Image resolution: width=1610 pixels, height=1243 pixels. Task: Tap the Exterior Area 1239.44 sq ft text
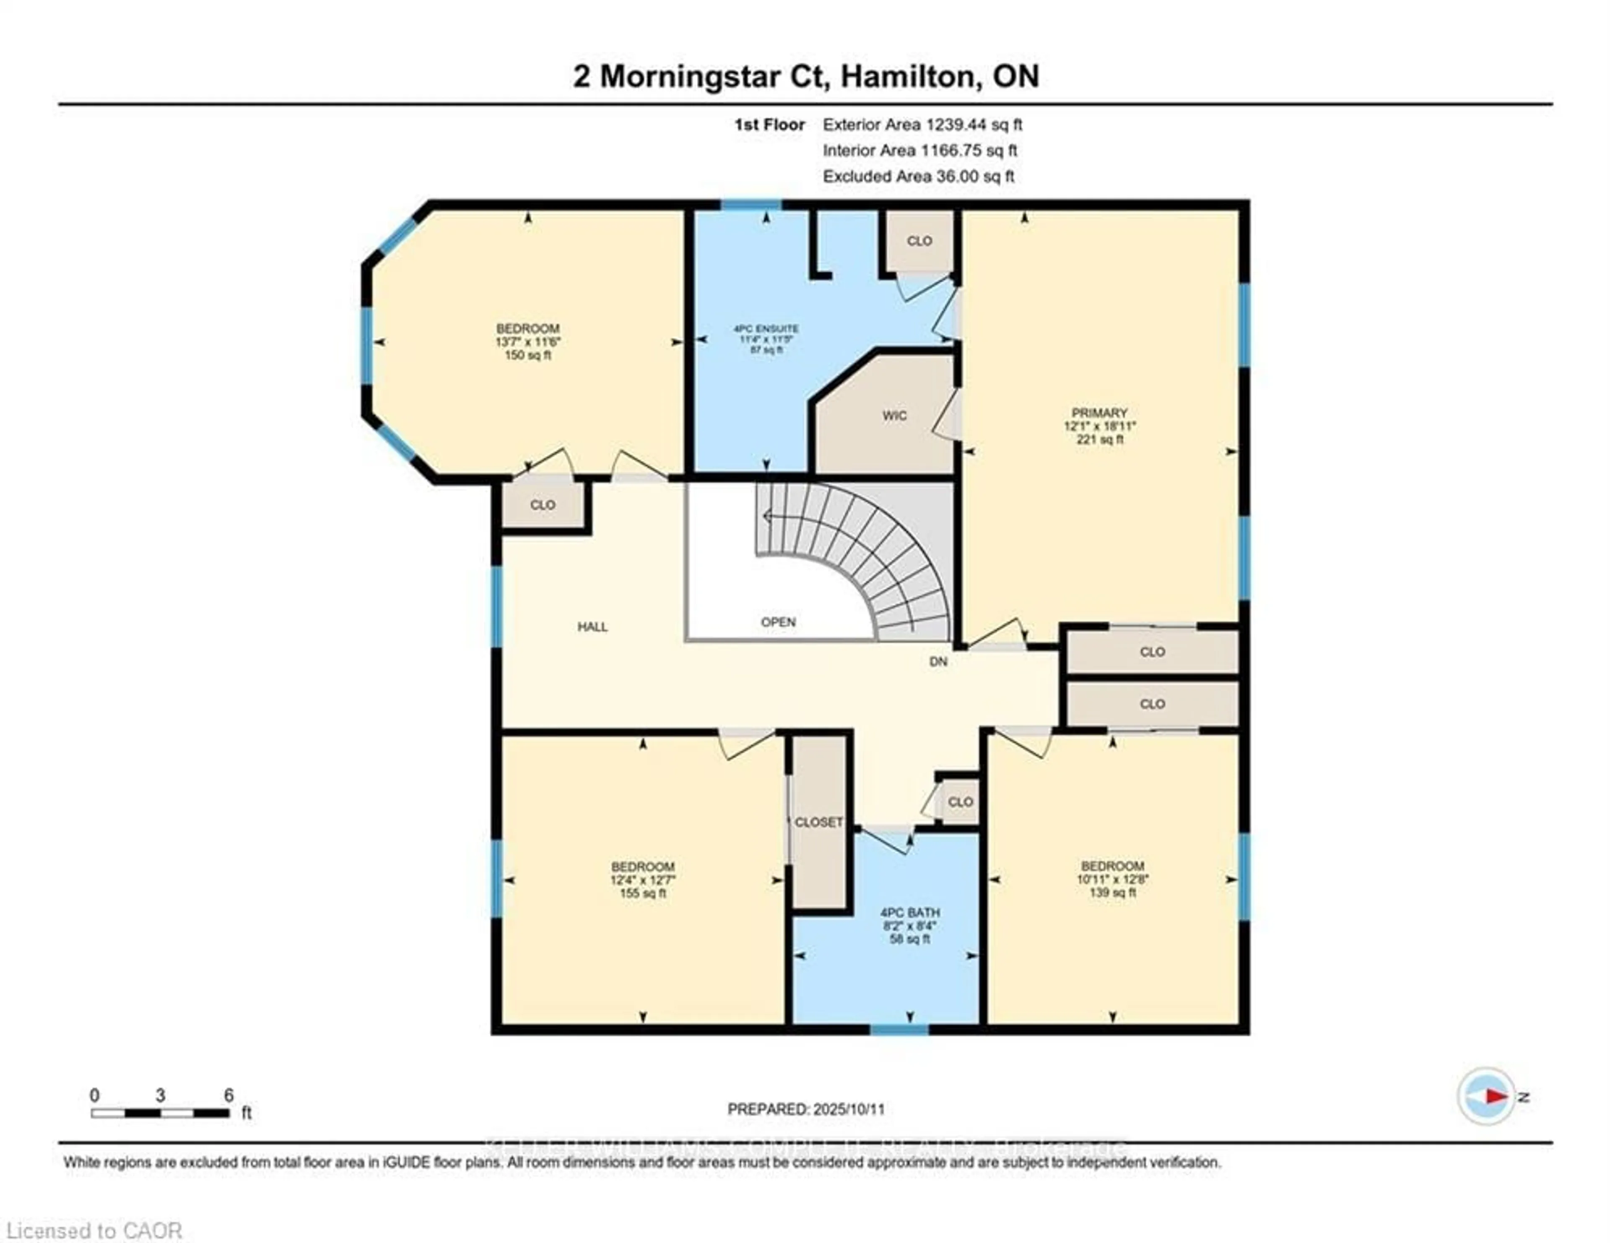point(922,125)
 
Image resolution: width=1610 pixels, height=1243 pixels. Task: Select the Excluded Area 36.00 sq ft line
point(919,176)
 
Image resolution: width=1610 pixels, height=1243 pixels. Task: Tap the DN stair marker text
point(937,661)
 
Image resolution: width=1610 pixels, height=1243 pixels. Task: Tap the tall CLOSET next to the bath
point(818,822)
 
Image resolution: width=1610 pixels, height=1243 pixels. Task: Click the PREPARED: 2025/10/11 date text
point(806,1109)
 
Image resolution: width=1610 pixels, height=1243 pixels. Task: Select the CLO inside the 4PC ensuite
point(919,241)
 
